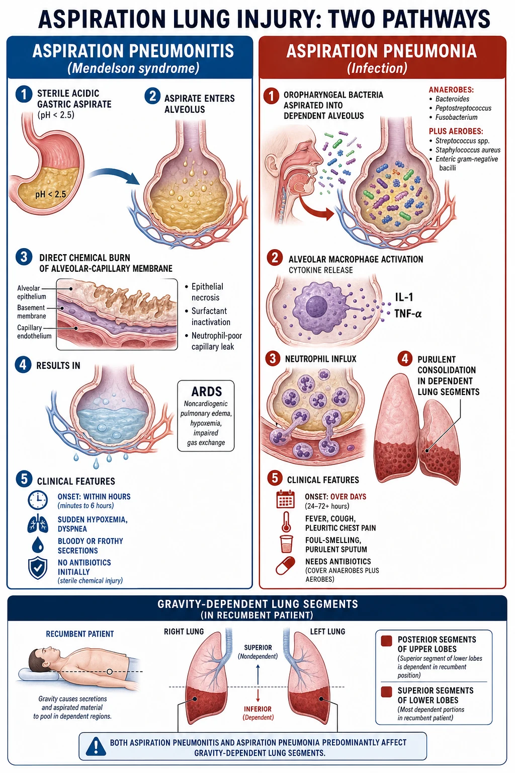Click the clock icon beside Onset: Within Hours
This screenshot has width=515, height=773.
click(38, 500)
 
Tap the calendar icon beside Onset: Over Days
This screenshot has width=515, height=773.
click(285, 499)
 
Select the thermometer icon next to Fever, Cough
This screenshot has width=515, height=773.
click(286, 521)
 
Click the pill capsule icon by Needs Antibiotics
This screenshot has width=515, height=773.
click(285, 566)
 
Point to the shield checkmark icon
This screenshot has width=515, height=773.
click(38, 568)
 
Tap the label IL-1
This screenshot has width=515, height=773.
click(403, 297)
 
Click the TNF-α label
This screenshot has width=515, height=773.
click(408, 314)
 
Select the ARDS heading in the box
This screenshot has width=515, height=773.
click(206, 392)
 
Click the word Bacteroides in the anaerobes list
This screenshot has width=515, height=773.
click(452, 99)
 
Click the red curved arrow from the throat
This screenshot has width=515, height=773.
click(314, 207)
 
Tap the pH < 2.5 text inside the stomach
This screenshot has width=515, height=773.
click(50, 194)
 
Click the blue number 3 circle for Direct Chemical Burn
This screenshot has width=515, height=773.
click(24, 257)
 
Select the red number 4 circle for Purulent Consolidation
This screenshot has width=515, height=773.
click(405, 359)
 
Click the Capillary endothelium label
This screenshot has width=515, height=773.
click(34, 332)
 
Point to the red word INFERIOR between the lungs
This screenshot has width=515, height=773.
click(257, 709)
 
